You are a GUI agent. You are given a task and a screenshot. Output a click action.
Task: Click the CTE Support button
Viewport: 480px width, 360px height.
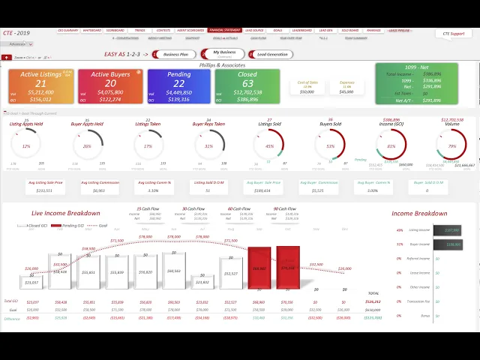pos(452,34)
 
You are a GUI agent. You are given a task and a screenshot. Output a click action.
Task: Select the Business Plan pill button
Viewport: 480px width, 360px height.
pos(176,54)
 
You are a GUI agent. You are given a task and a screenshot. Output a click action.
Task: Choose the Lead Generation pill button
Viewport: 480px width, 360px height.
pos(272,54)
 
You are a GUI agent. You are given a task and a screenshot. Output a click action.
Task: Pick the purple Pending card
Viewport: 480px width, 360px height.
pos(178,87)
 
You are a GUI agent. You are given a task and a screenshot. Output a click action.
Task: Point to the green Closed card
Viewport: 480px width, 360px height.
pos(247,87)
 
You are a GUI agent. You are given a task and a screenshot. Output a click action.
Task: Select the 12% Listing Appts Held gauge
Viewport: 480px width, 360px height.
pos(26,145)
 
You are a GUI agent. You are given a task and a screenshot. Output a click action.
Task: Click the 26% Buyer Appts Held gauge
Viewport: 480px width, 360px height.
pos(87,145)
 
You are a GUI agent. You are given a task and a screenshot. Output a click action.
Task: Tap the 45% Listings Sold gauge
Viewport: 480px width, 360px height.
pos(269,145)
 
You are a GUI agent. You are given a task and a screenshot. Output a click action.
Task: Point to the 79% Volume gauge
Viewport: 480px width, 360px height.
pos(451,145)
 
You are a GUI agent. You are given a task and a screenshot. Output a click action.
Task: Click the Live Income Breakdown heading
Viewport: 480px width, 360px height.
pos(65,213)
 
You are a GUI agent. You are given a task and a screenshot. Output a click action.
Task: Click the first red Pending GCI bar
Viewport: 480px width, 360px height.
pos(259,267)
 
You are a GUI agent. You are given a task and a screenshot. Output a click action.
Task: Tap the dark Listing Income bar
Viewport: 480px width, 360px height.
pos(451,230)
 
